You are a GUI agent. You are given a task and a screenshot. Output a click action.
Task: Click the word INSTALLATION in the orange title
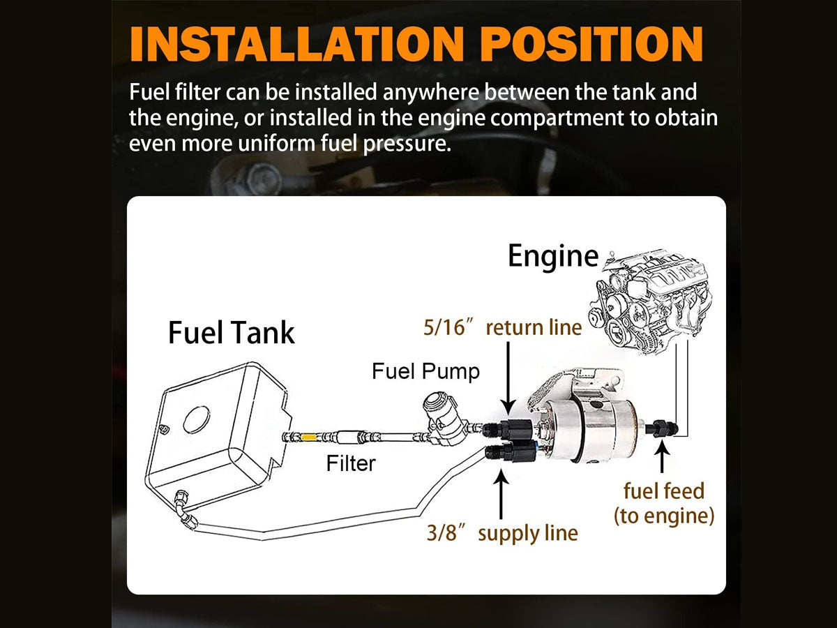pyautogui.click(x=297, y=44)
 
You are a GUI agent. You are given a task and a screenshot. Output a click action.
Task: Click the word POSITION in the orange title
pyautogui.click(x=591, y=44)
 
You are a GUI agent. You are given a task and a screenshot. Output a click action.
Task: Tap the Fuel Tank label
pyautogui.click(x=231, y=333)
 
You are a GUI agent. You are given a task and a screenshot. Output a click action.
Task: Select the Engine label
pyautogui.click(x=553, y=256)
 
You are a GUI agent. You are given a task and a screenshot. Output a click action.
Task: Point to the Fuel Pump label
pyautogui.click(x=425, y=371)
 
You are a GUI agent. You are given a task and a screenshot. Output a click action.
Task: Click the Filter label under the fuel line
pyautogui.click(x=351, y=463)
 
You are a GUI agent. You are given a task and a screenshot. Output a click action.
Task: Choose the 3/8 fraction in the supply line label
pyautogui.click(x=442, y=532)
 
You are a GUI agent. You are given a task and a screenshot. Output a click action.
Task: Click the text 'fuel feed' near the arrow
pyautogui.click(x=664, y=491)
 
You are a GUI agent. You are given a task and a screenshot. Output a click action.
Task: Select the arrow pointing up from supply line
pyautogui.click(x=501, y=494)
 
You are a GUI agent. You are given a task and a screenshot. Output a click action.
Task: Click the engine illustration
pyautogui.click(x=651, y=302)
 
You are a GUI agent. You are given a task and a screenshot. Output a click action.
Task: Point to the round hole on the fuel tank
pyautogui.click(x=197, y=419)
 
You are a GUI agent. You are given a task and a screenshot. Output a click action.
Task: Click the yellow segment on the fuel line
pyautogui.click(x=308, y=437)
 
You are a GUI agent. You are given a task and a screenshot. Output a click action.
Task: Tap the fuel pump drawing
pyautogui.click(x=444, y=418)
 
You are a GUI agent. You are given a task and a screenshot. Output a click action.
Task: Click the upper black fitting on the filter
pyautogui.click(x=508, y=428)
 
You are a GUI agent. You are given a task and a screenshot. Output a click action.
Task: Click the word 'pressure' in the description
pyautogui.click(x=407, y=144)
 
